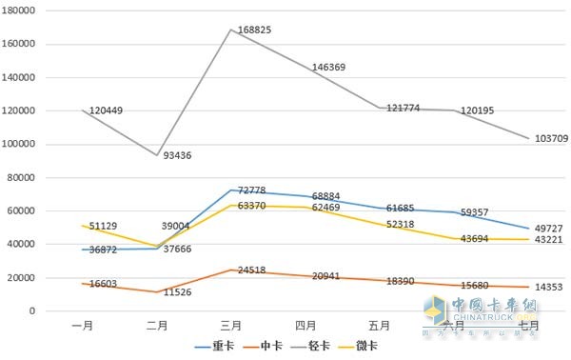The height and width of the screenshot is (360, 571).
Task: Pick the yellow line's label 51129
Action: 106,227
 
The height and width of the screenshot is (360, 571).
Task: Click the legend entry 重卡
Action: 224,346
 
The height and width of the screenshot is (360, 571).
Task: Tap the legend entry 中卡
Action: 270,346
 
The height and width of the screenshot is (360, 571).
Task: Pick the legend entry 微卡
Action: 366,346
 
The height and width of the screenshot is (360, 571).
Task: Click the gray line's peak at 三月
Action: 230,30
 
